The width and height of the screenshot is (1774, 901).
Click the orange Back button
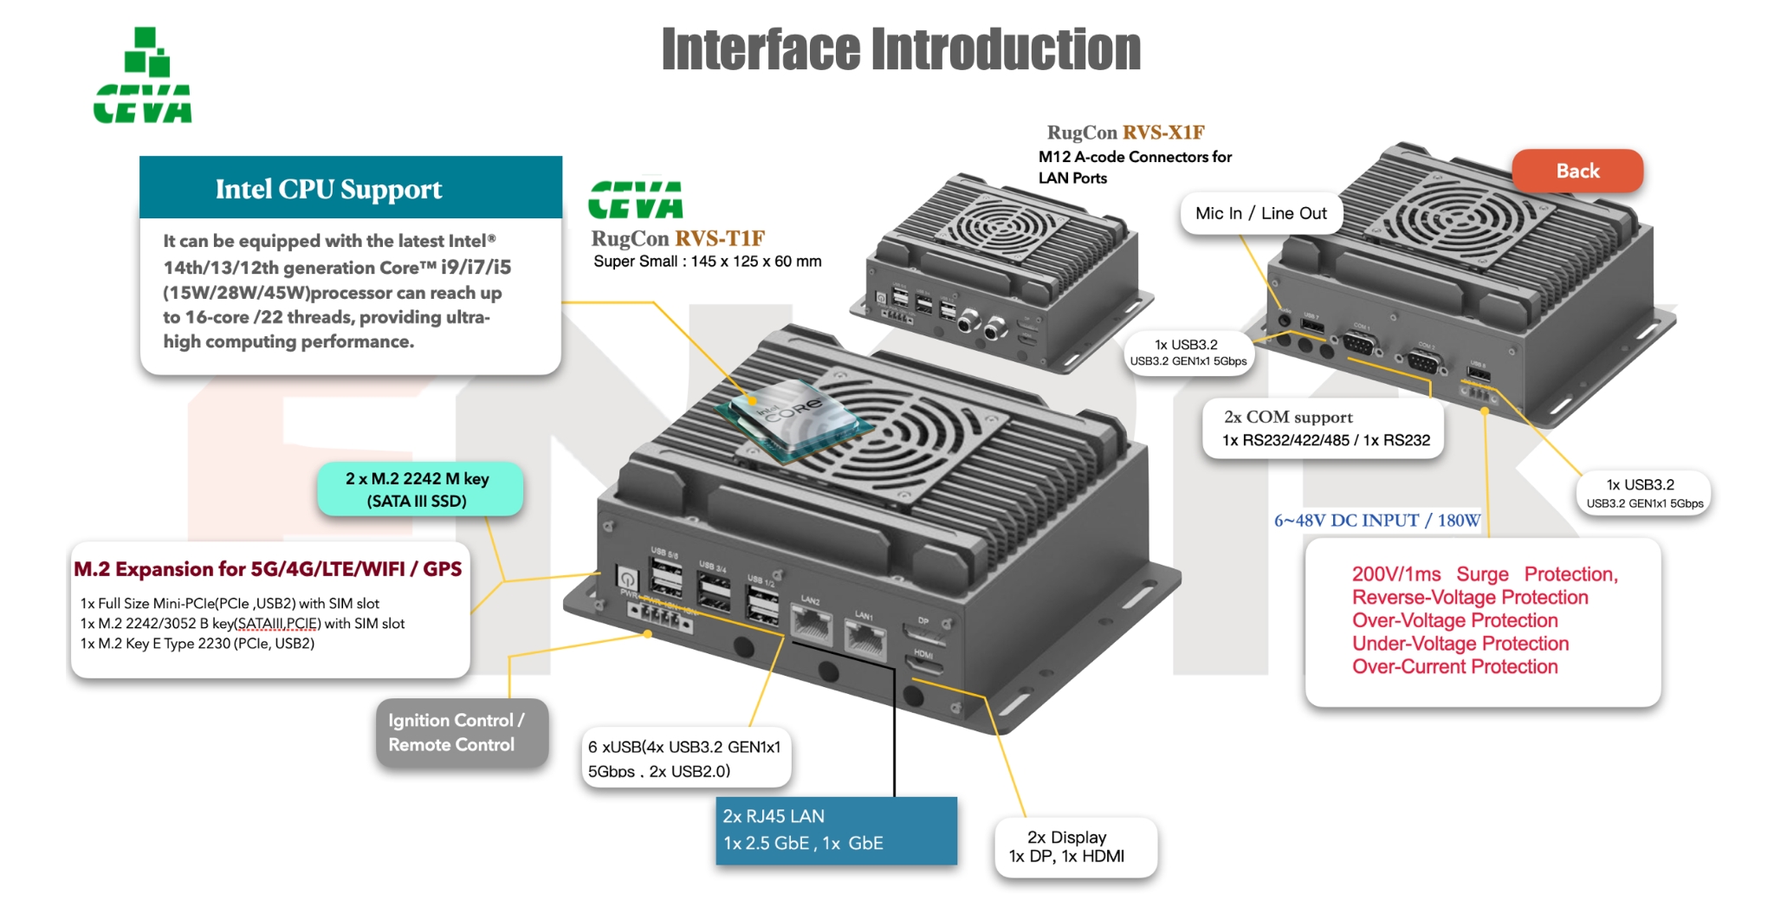1577,171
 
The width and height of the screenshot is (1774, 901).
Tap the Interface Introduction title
901,49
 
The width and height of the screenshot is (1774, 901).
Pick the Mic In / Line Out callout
1260,213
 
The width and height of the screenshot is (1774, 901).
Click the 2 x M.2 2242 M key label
419,489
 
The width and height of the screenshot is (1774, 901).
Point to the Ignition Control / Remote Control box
461,732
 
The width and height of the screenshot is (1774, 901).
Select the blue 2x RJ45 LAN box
836,830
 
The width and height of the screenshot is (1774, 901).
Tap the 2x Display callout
1074,846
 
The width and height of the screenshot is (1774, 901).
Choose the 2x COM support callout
1323,429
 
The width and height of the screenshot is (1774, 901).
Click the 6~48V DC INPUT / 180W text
1377,521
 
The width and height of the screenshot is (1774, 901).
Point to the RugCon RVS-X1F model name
1125,133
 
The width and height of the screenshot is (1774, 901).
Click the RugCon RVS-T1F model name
677,238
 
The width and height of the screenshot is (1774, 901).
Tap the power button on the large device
626,578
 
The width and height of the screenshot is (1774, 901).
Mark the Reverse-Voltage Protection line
1469,598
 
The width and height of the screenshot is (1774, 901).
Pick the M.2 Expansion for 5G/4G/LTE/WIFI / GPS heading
268,569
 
